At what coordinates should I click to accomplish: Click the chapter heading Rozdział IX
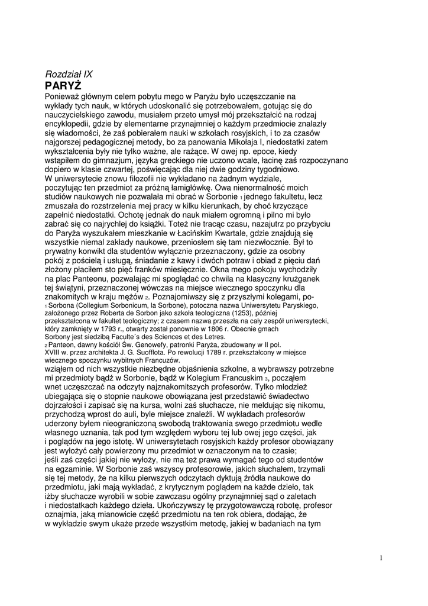tap(69, 74)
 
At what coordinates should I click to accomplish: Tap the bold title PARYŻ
tap(63, 85)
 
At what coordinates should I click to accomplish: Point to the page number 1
tap(382, 557)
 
